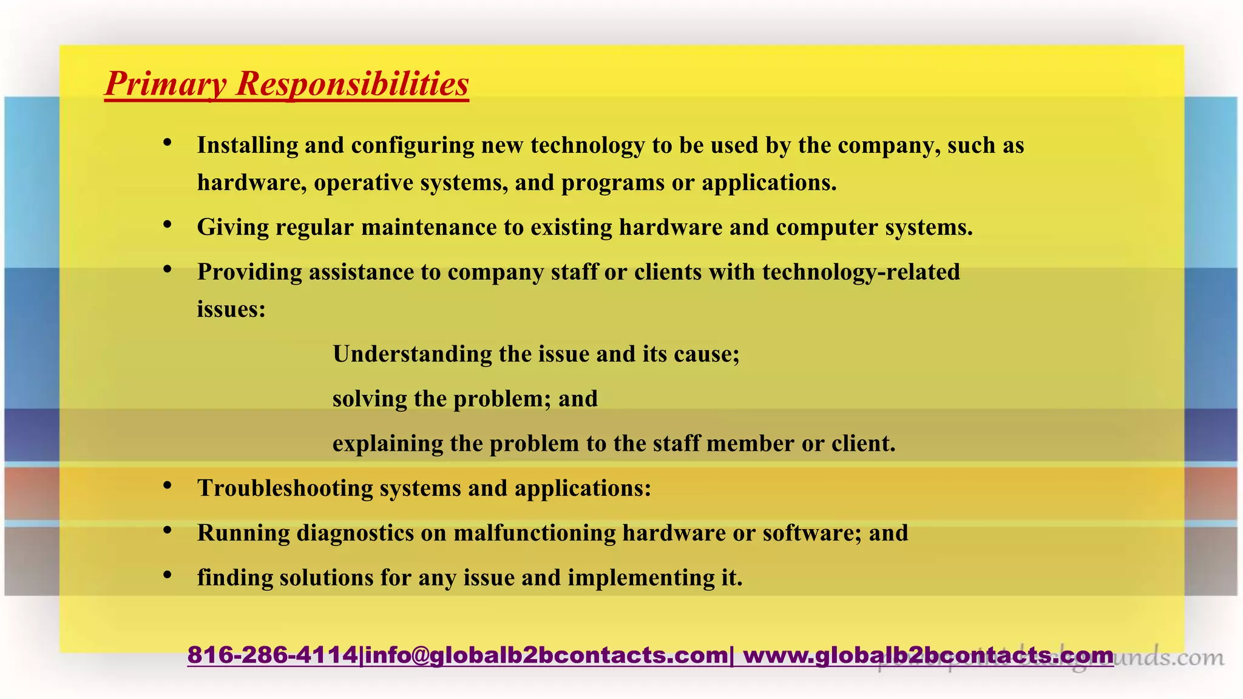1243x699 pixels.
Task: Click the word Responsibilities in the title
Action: [352, 84]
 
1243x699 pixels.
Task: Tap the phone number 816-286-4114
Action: [273, 655]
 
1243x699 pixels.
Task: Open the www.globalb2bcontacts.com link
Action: [929, 655]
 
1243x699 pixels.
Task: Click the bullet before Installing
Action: [168, 143]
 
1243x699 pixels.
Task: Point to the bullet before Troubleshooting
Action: [168, 486]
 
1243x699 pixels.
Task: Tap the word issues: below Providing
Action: [231, 309]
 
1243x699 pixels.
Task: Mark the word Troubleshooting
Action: [285, 488]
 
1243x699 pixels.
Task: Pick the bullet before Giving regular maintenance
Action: [168, 225]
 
